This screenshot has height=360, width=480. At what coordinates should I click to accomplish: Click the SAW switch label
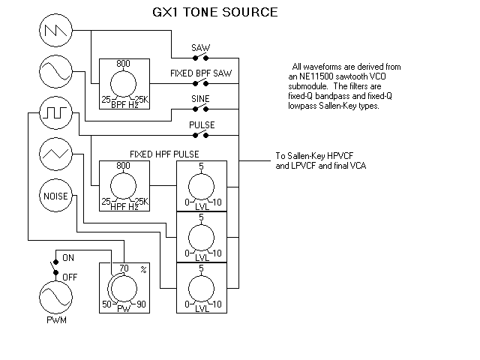click(x=200, y=48)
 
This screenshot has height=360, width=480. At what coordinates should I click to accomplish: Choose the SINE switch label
click(x=199, y=98)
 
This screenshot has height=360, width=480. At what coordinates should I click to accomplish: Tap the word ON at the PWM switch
click(x=68, y=257)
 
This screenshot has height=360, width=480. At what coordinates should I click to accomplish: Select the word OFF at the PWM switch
click(x=70, y=277)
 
